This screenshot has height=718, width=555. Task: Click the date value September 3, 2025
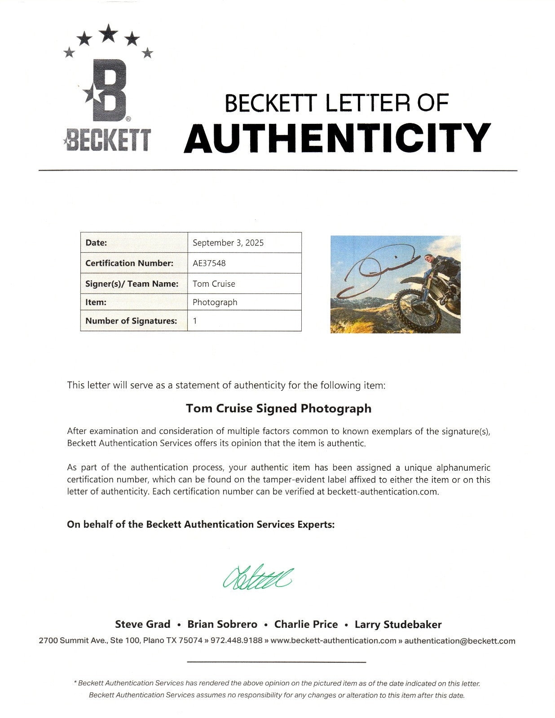coord(228,243)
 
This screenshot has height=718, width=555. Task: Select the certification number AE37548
coord(209,263)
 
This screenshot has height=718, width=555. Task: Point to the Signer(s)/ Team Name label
coord(132,284)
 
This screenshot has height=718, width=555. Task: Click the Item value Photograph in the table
coord(215,302)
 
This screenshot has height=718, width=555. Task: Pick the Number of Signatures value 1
coord(195,321)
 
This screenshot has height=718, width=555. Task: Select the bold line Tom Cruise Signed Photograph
coord(278,408)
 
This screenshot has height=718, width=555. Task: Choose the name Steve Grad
coord(142,624)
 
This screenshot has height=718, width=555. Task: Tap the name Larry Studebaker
coord(398,624)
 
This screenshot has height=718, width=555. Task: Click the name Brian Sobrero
coord(222,624)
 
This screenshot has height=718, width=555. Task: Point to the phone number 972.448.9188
coord(237,641)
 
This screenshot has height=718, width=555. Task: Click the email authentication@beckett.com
coord(460,641)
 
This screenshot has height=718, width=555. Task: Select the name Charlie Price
coord(306,624)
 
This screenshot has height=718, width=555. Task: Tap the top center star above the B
coord(108,32)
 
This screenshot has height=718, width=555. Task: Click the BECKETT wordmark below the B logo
coord(108,140)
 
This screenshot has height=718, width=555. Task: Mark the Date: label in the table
coord(96,243)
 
